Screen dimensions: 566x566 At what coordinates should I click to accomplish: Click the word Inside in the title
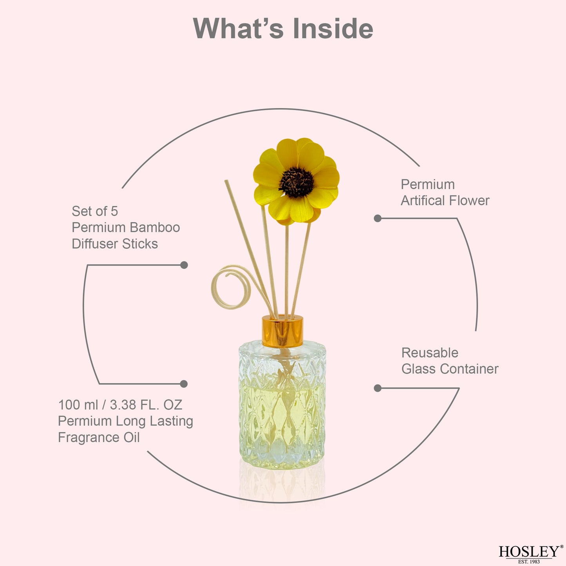click(333, 29)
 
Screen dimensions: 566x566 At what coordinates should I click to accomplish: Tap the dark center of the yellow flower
click(296, 182)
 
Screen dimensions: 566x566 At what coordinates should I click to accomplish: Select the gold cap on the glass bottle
click(282, 331)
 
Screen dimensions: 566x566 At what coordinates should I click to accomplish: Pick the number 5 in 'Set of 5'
click(114, 212)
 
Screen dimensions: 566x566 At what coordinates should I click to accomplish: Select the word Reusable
click(430, 353)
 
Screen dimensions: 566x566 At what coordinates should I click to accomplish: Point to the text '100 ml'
click(78, 405)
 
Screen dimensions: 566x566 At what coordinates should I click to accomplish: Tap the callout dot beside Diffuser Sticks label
click(184, 265)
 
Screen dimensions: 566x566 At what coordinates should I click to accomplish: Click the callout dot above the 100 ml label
click(184, 383)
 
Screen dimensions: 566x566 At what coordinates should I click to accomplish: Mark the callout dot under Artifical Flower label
click(378, 218)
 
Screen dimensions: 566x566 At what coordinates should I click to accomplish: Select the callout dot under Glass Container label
click(378, 388)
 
